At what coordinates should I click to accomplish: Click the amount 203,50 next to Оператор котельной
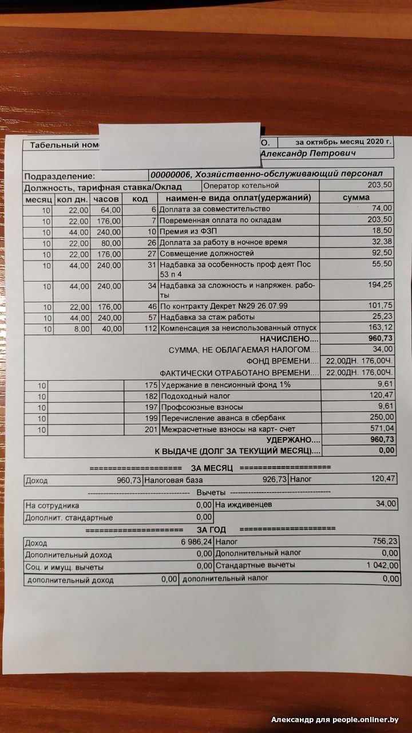(379, 186)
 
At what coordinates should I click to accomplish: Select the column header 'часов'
(106, 198)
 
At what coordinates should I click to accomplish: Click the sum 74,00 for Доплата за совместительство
(382, 208)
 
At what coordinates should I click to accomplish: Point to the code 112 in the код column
(150, 329)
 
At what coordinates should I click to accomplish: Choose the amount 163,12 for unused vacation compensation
(379, 328)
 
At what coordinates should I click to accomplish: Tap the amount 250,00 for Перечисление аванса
(381, 417)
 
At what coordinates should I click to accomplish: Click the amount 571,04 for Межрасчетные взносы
(382, 428)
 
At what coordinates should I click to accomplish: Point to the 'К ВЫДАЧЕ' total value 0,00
(386, 450)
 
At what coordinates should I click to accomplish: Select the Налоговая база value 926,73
(270, 480)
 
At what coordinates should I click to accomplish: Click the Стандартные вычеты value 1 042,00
(382, 565)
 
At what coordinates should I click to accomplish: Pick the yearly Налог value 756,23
(385, 541)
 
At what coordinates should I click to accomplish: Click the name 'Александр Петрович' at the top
(308, 153)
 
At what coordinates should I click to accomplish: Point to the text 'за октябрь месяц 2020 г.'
(343, 141)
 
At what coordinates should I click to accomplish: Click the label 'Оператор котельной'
(241, 186)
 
